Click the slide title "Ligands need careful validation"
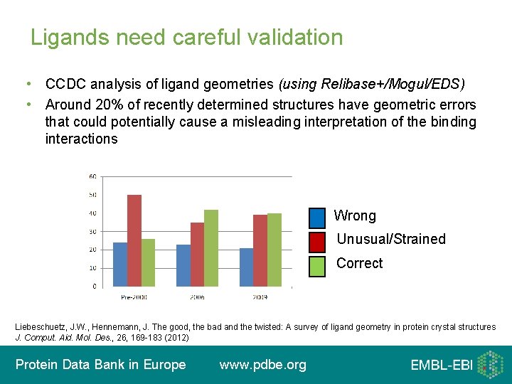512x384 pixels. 186,37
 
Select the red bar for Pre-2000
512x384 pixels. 134,240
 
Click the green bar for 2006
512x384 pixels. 211,248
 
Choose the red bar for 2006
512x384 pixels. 197,255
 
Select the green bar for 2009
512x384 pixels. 274,250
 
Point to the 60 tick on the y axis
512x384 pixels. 92,176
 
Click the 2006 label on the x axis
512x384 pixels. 197,297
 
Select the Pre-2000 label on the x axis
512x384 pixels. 134,297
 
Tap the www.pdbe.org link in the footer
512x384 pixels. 262,365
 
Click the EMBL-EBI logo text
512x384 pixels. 441,366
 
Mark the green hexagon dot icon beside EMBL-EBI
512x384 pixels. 490,365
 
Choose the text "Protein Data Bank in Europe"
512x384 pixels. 100,365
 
